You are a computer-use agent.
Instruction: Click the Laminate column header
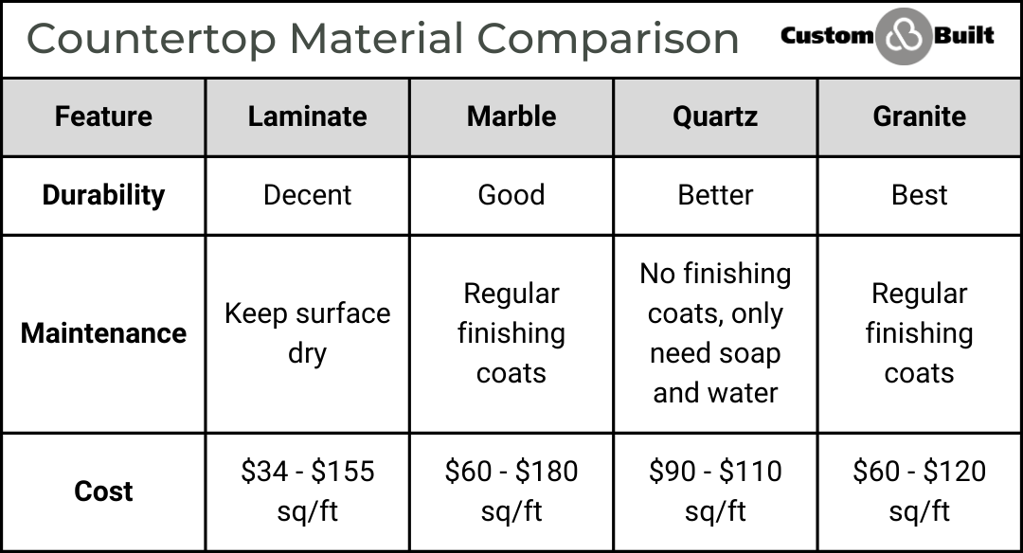tap(307, 116)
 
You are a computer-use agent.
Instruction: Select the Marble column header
tap(511, 116)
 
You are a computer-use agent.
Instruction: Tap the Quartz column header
tap(715, 116)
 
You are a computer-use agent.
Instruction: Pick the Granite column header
tap(919, 116)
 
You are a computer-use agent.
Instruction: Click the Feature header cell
tap(103, 116)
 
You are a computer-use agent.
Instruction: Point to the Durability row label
tap(103, 195)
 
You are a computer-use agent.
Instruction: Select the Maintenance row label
tap(103, 333)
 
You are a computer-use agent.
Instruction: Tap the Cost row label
tap(103, 491)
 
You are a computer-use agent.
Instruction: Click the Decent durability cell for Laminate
tap(307, 195)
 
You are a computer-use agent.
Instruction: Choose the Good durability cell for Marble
tap(511, 195)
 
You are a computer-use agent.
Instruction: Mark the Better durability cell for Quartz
tap(715, 195)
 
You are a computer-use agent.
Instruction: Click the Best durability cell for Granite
tap(919, 195)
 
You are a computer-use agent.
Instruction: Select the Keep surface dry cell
tap(307, 333)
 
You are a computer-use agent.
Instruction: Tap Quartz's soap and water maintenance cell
tap(715, 333)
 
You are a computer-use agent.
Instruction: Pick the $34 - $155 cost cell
tap(307, 491)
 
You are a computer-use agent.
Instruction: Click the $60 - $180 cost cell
tap(511, 491)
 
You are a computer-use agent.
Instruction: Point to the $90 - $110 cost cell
tap(715, 491)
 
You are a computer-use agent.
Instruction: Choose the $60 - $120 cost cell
tap(919, 491)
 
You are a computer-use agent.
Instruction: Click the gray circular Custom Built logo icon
tap(903, 37)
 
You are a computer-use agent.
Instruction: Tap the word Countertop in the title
tap(152, 39)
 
